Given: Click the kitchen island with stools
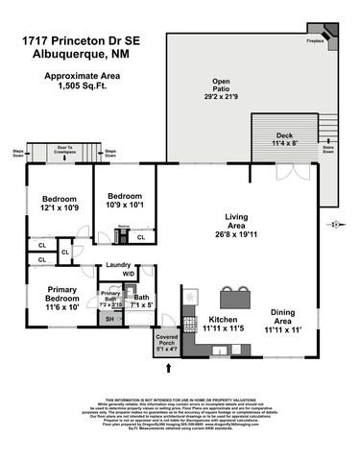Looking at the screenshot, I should pos(233,297).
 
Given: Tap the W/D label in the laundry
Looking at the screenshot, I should pos(128,274).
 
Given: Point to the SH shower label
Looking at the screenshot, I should pos(108,319).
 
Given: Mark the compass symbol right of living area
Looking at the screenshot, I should pos(334,225).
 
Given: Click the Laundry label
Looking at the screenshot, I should pos(118,264).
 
